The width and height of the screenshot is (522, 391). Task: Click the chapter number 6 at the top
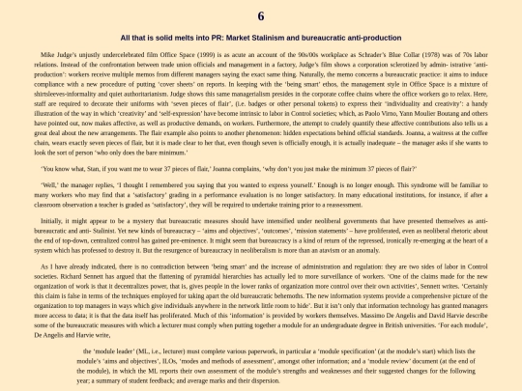pos(261,16)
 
